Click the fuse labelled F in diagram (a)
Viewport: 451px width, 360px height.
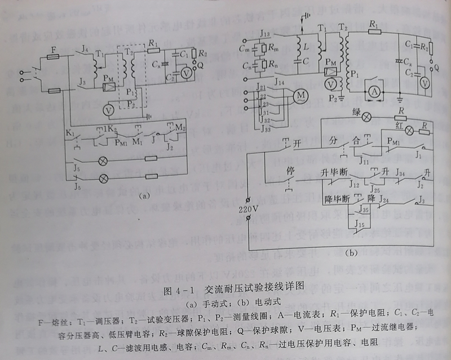click(x=54, y=57)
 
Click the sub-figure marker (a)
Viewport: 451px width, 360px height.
click(x=144, y=197)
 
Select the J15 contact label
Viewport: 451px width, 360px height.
click(x=357, y=224)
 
